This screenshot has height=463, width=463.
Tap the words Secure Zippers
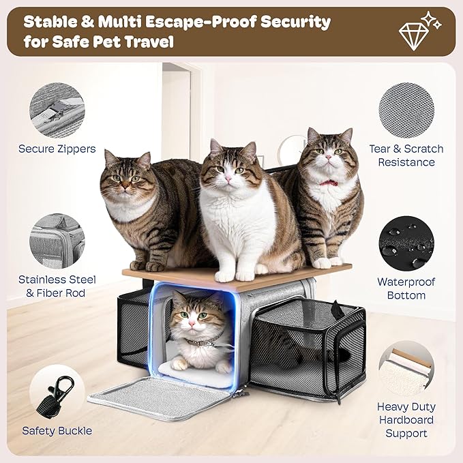[x=57, y=149]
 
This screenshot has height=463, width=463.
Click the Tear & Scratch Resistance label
[x=406, y=155]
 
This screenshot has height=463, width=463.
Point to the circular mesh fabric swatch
[x=406, y=109]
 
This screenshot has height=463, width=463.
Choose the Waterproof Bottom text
[x=406, y=288]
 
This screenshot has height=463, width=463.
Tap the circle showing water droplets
[x=406, y=243]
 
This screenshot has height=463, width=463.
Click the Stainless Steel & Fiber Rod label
[x=57, y=286]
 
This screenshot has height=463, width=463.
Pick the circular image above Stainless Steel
[x=57, y=241]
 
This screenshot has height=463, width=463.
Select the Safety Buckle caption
[x=57, y=430]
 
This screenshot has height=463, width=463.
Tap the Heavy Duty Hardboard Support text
[x=406, y=419]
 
